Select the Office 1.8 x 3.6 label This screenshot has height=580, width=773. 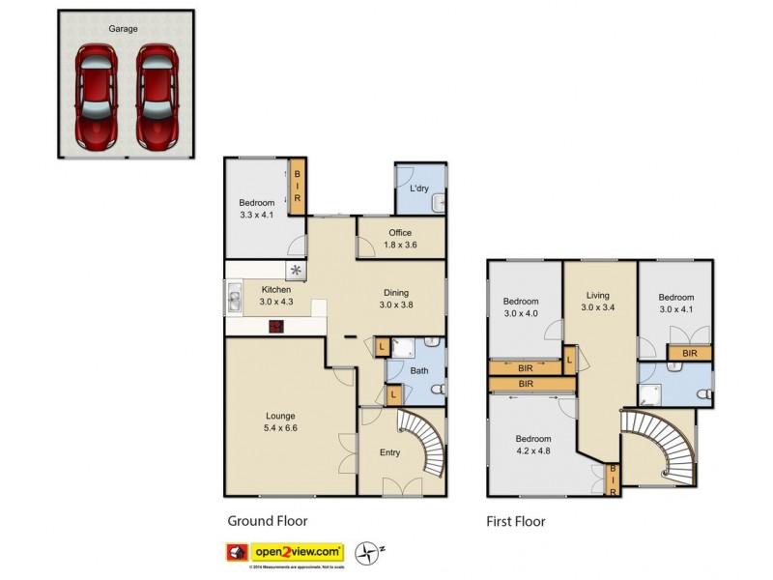pos(400,239)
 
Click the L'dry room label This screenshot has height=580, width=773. pos(419,188)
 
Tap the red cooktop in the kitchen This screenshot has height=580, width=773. pos(276,326)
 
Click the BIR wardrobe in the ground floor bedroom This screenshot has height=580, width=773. pos(299,186)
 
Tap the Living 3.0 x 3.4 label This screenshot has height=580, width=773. pos(599,301)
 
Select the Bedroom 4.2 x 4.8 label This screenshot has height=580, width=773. pos(533,444)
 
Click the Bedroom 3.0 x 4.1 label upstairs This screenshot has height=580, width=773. pos(676,304)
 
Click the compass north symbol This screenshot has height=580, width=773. pos(368,552)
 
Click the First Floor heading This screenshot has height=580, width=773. pos(515,521)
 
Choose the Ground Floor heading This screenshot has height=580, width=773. pos(265,521)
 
